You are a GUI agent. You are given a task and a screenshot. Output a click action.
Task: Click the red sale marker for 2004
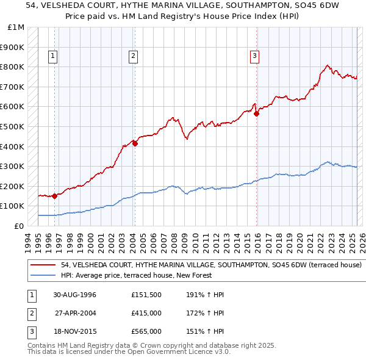[x=135, y=144]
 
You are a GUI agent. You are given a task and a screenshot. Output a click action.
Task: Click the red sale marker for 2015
[x=256, y=113]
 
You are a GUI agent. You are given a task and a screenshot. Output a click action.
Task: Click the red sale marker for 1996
[x=55, y=196]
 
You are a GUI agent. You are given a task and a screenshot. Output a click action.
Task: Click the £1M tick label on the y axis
[x=16, y=27]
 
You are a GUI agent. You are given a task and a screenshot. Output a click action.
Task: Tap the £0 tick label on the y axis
[x=20, y=226]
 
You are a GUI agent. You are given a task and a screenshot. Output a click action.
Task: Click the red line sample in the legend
[x=44, y=265]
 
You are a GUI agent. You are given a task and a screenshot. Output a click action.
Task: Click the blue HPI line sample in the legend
[x=44, y=276]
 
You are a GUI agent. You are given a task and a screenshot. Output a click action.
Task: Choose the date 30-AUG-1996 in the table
[x=75, y=295]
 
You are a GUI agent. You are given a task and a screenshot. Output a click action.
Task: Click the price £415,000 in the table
[x=146, y=313]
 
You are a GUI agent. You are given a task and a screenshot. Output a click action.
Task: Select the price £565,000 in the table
[x=146, y=331]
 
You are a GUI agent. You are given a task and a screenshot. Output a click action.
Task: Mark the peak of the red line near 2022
[x=328, y=65]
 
